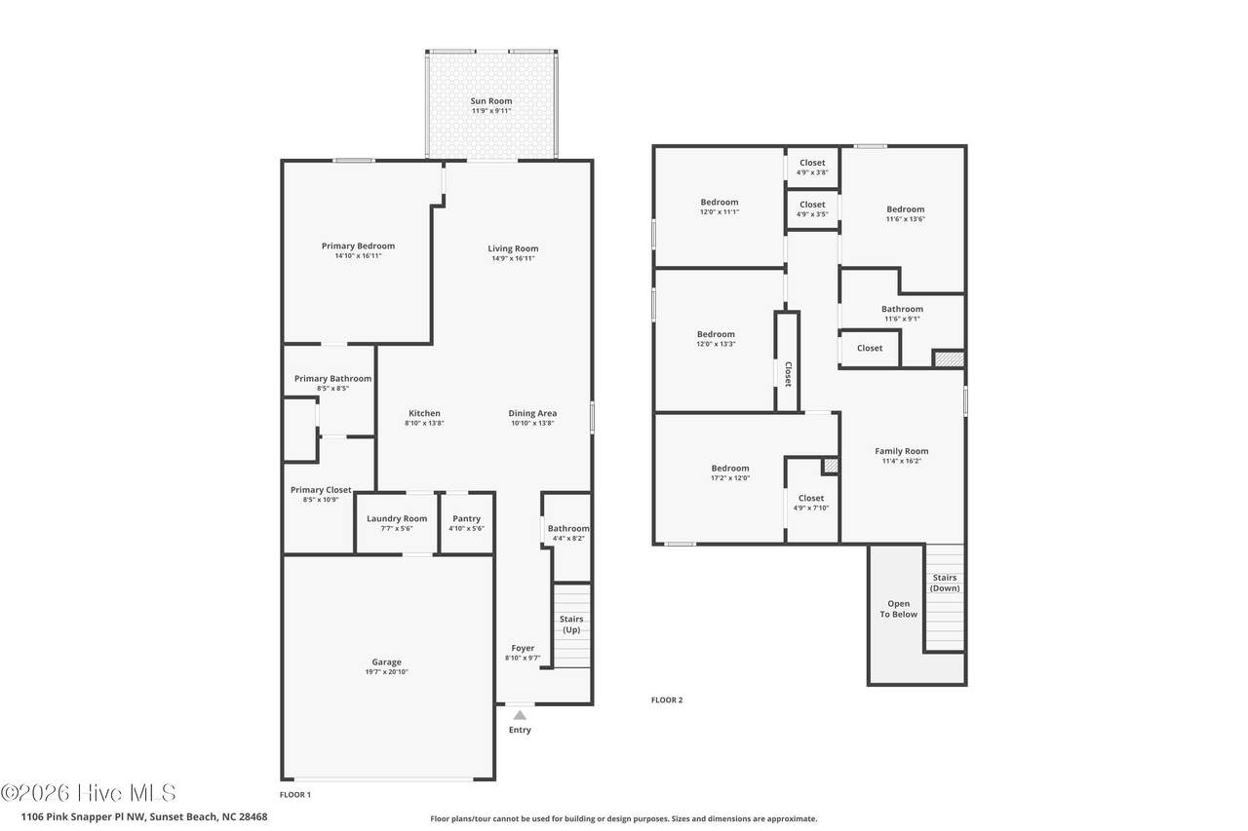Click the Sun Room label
tap(490, 100)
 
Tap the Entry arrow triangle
tap(520, 715)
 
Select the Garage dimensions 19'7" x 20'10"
tap(387, 672)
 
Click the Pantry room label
tap(466, 518)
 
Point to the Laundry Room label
tap(397, 518)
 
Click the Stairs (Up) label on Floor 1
tap(571, 623)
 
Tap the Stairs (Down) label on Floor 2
tap(945, 583)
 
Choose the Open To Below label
tap(898, 609)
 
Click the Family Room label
tap(902, 451)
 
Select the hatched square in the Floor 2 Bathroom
tap(949, 359)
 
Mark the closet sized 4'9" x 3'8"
tap(812, 167)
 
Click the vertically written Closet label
tap(788, 374)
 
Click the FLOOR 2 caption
tap(666, 700)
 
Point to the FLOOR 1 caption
tap(295, 795)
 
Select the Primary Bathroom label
tap(332, 379)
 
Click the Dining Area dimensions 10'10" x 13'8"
tap(532, 423)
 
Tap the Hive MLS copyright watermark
tap(88, 793)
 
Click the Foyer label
tap(523, 648)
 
